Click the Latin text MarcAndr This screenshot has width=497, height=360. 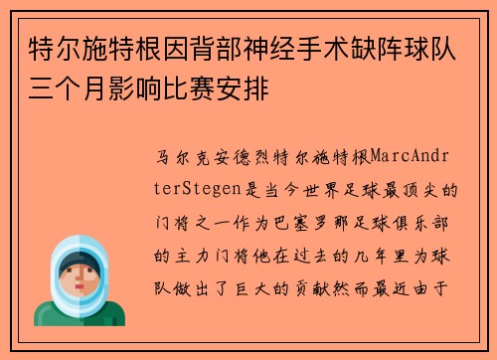click(414, 156)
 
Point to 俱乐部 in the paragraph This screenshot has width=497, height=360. click(424, 221)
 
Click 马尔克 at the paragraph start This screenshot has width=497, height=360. click(179, 156)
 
